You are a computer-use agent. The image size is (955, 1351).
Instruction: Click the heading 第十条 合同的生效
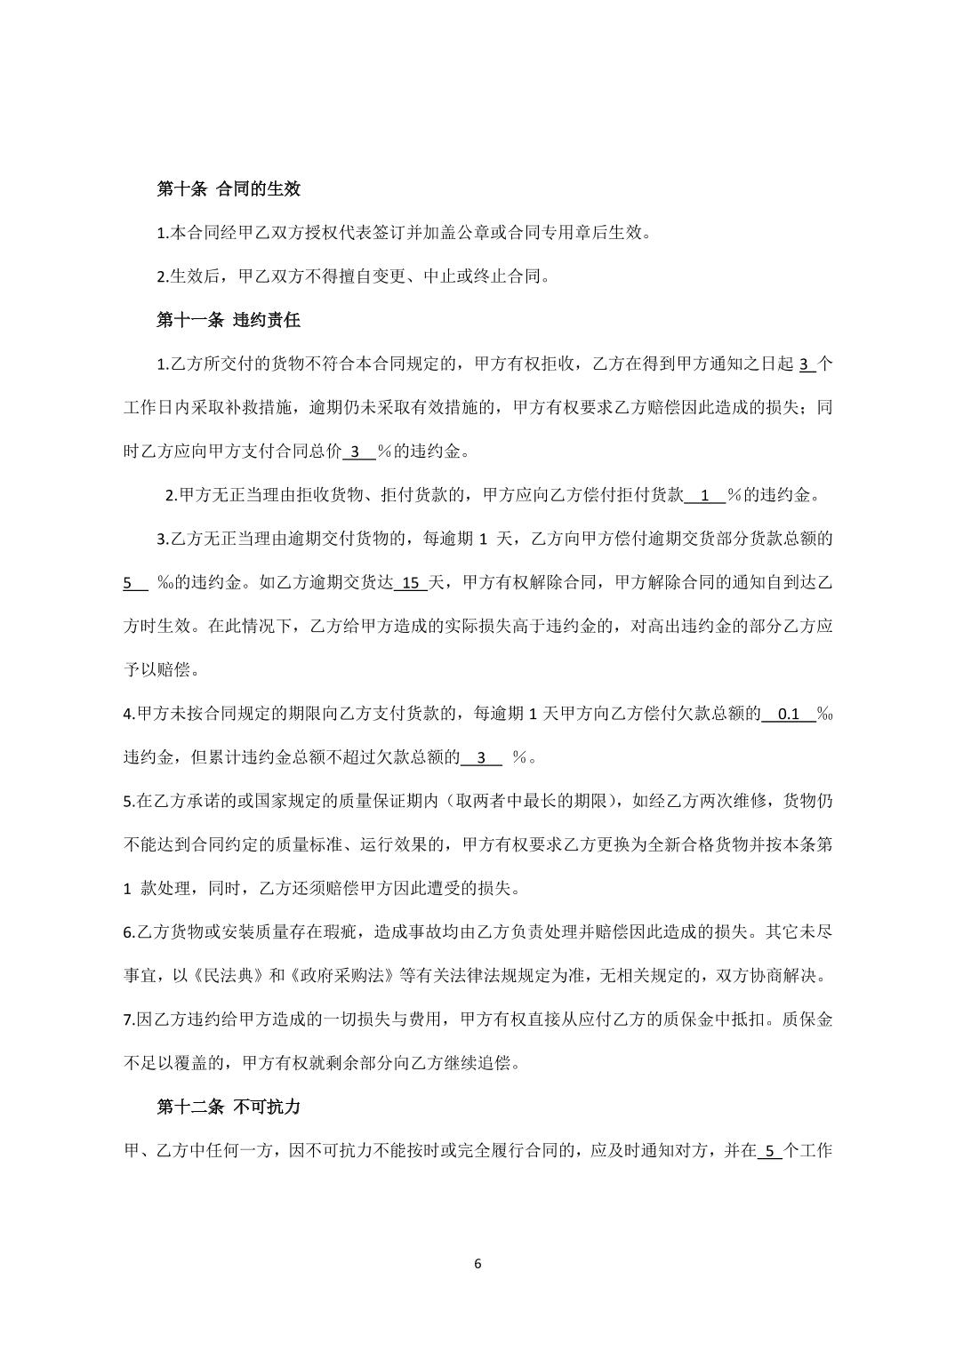(x=229, y=188)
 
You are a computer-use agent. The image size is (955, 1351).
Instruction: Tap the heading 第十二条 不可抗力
(x=229, y=1107)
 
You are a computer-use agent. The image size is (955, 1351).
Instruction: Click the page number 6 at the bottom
(x=478, y=1263)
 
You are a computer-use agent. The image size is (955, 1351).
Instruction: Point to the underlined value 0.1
(x=789, y=714)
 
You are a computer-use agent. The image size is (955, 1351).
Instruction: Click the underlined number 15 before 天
(x=411, y=583)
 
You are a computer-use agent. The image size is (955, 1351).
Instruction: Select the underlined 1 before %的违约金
(x=705, y=496)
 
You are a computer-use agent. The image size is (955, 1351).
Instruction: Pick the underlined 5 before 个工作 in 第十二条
(x=769, y=1151)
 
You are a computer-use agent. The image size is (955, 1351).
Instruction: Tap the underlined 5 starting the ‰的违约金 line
(x=130, y=583)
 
